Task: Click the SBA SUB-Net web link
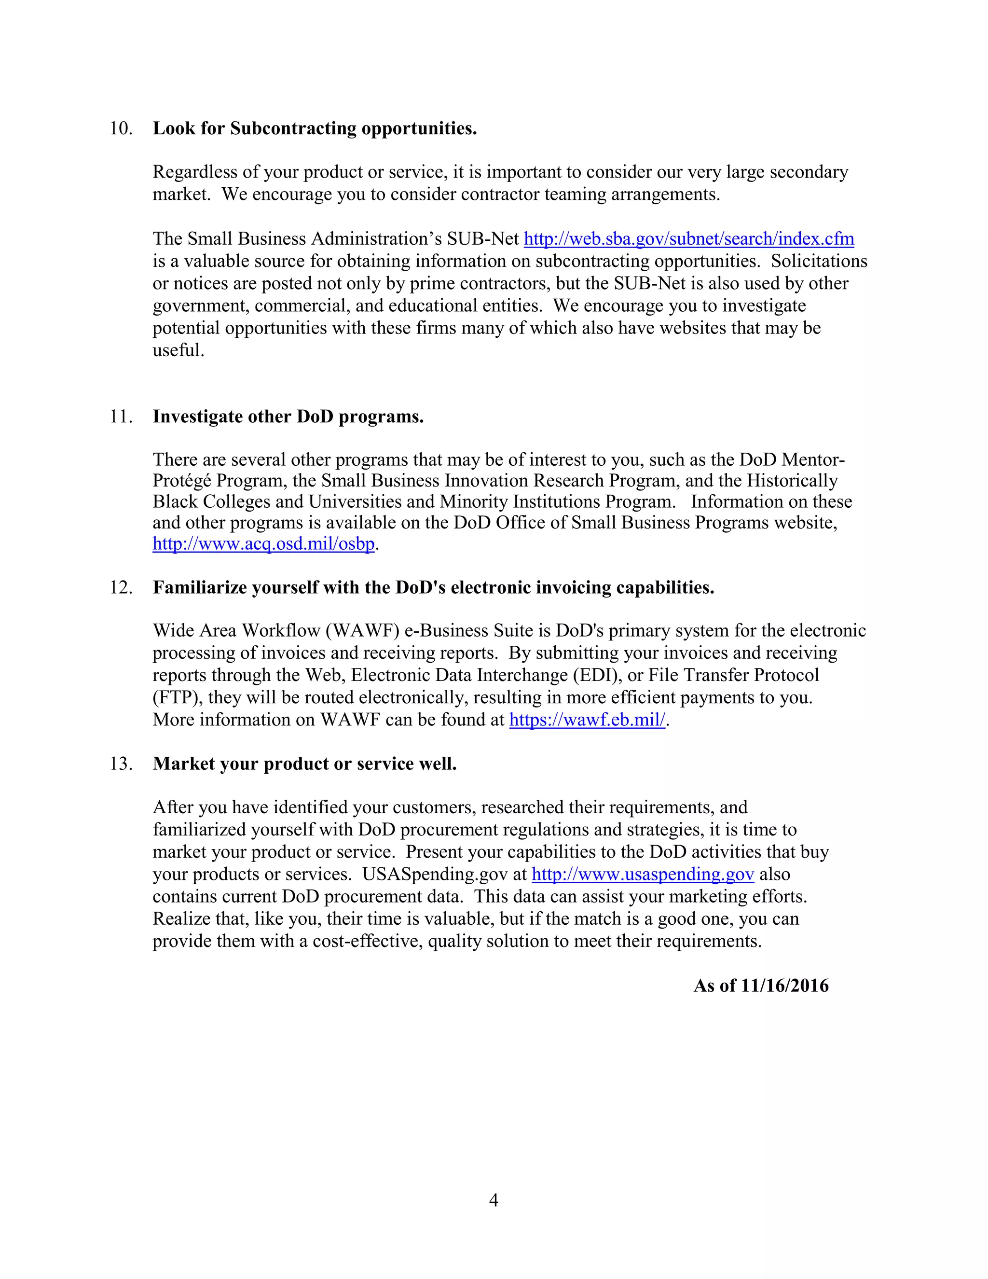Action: pos(688,239)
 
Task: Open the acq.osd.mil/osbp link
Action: pos(263,544)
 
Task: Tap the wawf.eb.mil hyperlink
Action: pos(587,720)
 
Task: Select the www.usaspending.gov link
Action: pos(642,875)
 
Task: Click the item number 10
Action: pos(121,128)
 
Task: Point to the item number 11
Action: pos(121,417)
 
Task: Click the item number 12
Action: pos(121,587)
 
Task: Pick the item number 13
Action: pos(121,764)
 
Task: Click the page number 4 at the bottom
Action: pos(494,1200)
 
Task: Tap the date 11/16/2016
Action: pos(784,986)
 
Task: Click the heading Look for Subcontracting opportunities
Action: pos(315,128)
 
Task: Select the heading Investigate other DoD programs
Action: pos(288,417)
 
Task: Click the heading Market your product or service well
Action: pos(304,764)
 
